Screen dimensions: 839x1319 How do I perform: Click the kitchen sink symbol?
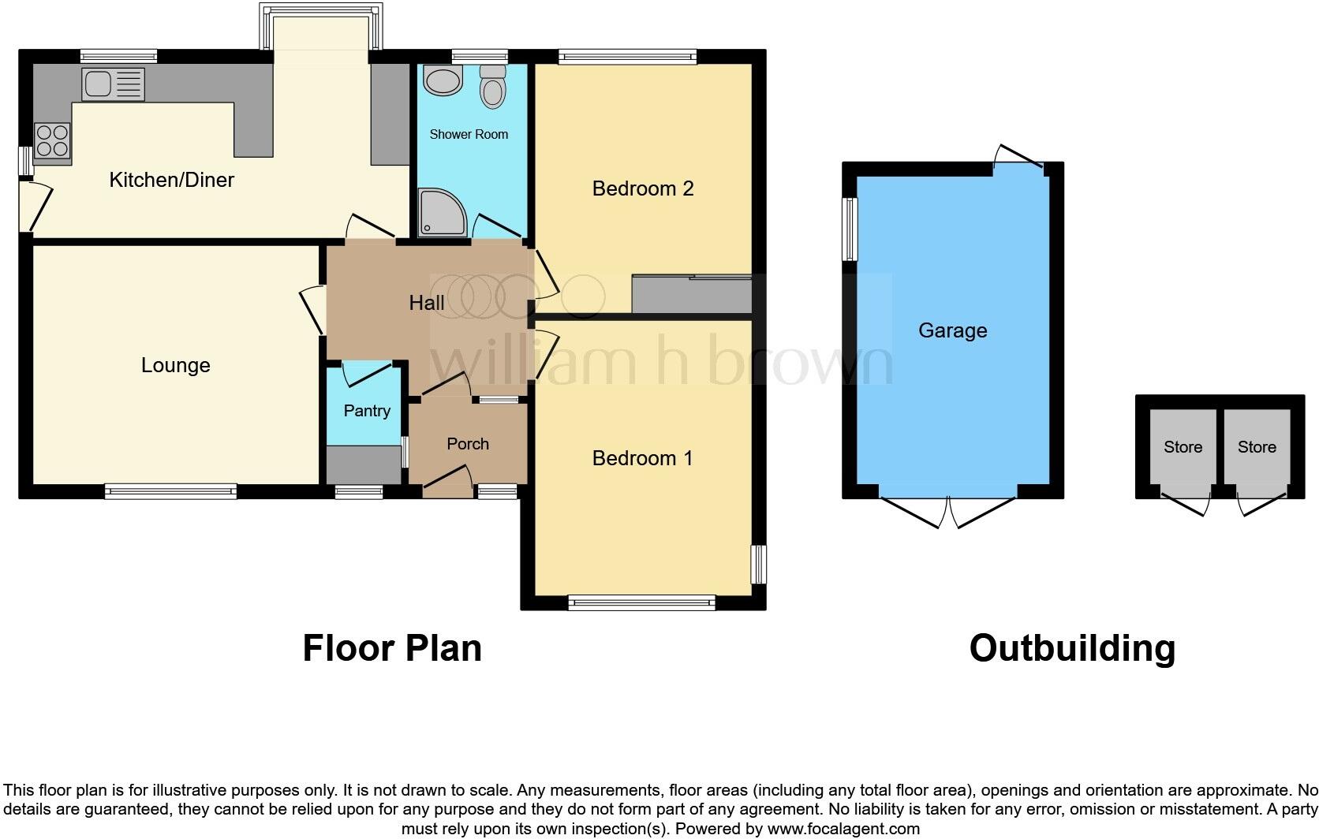coord(113,84)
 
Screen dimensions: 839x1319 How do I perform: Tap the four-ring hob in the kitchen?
coord(51,141)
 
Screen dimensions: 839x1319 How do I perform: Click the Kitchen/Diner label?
coord(171,180)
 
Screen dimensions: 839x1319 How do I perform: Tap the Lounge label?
coord(175,365)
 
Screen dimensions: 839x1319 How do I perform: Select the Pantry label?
coord(367,411)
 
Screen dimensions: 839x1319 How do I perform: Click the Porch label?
coord(468,444)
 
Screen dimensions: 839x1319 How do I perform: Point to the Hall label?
coord(426,303)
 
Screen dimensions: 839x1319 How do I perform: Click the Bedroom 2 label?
coord(642,188)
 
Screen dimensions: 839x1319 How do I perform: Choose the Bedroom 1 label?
coord(642,458)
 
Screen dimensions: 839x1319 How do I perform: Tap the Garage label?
coord(952,330)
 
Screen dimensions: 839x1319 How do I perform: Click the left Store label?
coord(1183,447)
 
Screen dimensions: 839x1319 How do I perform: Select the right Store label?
coord(1257,447)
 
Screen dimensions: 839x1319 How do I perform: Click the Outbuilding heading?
coord(1072,648)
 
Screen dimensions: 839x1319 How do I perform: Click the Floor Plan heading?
coord(392,648)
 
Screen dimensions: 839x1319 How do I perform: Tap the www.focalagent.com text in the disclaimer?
coord(843,829)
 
